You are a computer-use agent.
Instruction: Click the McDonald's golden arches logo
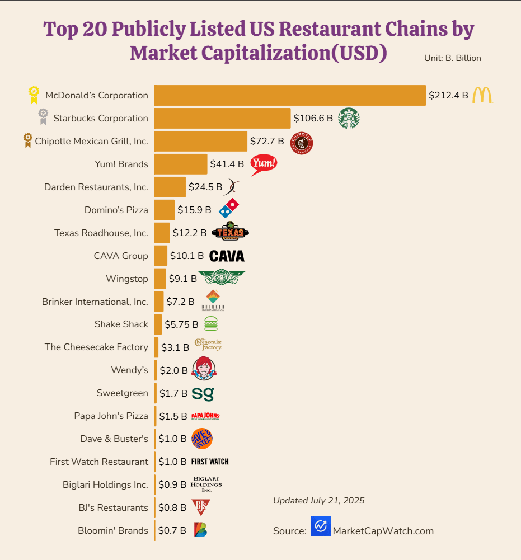click(482, 95)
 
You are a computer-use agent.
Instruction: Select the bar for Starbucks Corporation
click(223, 118)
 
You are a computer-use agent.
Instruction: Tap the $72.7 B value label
click(267, 141)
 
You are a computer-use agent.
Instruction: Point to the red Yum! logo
click(264, 164)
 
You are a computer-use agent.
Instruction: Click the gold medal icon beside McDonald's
click(34, 95)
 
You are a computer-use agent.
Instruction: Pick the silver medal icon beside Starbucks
click(43, 116)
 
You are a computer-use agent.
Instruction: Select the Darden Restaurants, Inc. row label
click(96, 187)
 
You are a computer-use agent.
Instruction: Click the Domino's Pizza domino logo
click(228, 209)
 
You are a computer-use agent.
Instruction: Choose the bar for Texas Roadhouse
click(162, 233)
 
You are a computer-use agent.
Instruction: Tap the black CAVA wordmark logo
click(227, 256)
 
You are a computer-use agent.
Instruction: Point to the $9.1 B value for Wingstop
click(182, 279)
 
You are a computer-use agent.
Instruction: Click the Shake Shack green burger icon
click(211, 324)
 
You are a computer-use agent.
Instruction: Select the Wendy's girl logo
click(204, 369)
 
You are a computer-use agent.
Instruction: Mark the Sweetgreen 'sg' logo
click(203, 393)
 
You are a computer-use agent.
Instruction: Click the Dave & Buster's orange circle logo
click(202, 439)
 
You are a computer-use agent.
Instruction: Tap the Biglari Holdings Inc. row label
click(105, 484)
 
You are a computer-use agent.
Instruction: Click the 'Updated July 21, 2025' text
click(318, 501)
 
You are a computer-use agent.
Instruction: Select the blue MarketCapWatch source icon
click(321, 526)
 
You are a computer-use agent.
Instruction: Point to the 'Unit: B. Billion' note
click(453, 58)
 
